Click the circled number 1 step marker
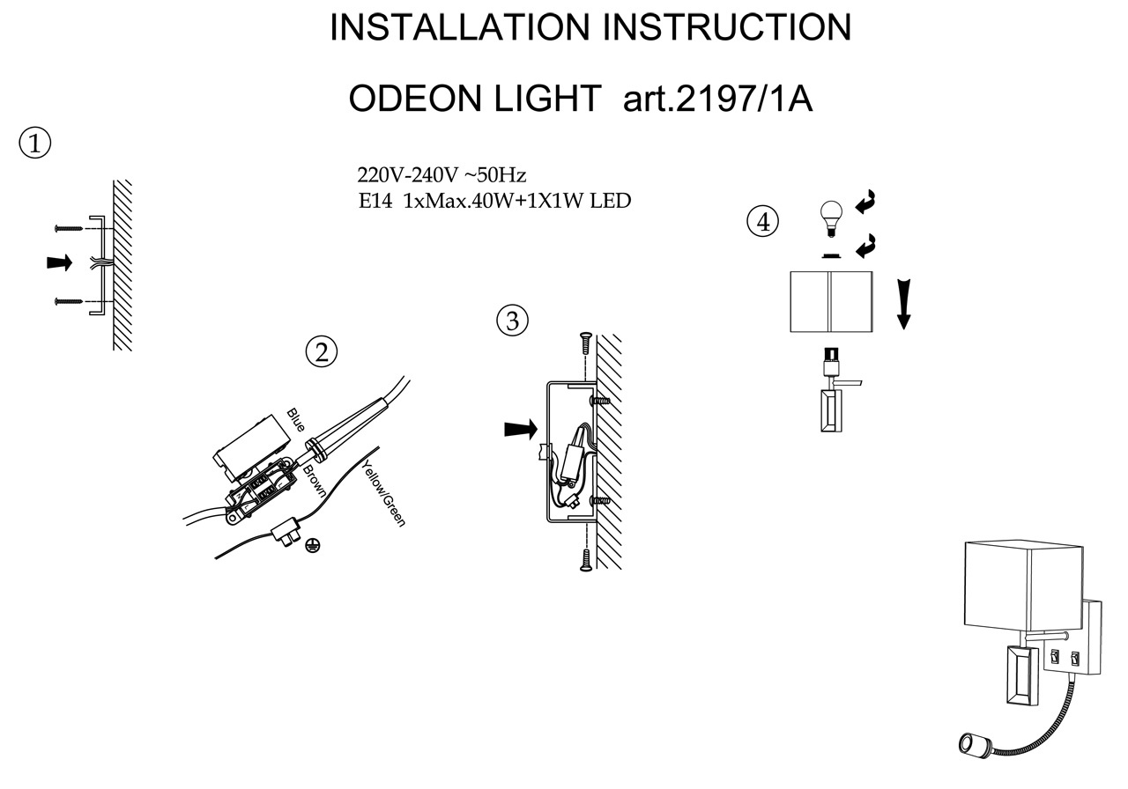(34, 144)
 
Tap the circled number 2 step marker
(322, 351)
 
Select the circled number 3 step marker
(512, 321)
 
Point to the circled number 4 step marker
(763, 221)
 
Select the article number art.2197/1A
(717, 99)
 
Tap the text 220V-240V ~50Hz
(442, 175)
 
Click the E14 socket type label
(375, 202)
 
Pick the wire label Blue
(296, 420)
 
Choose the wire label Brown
(315, 481)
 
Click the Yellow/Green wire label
(384, 493)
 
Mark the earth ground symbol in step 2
(313, 545)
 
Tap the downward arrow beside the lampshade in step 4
(904, 304)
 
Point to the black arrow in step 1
(59, 262)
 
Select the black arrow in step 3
(521, 429)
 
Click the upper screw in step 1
(69, 228)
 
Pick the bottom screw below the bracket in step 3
(585, 560)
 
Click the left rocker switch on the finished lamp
(1054, 656)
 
